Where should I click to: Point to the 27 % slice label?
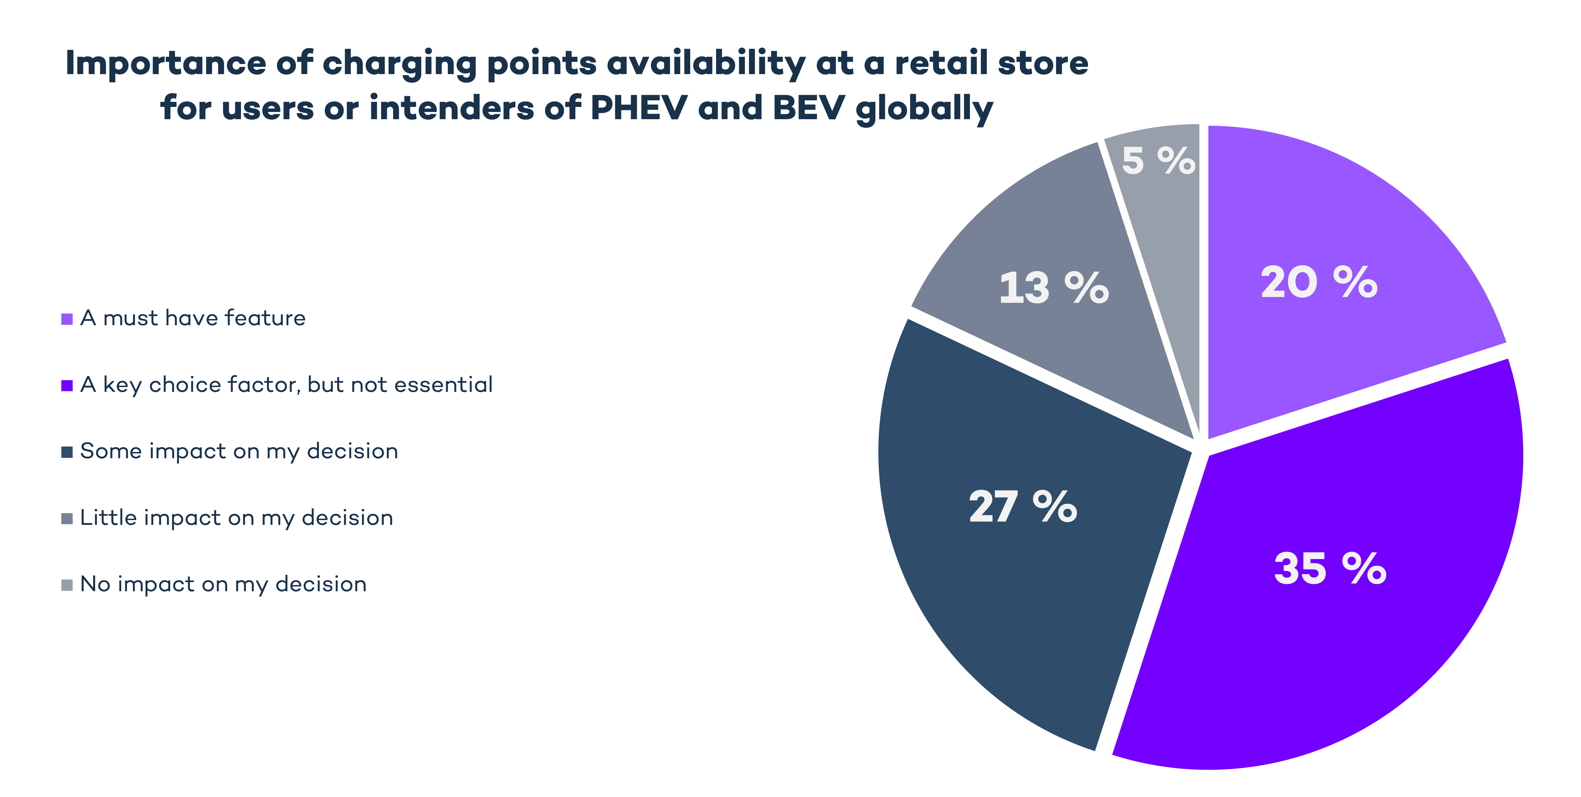pos(1022,507)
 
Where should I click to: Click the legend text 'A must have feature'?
pos(193,318)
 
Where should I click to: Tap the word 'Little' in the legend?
pos(108,518)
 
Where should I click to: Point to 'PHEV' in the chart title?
pos(638,108)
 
